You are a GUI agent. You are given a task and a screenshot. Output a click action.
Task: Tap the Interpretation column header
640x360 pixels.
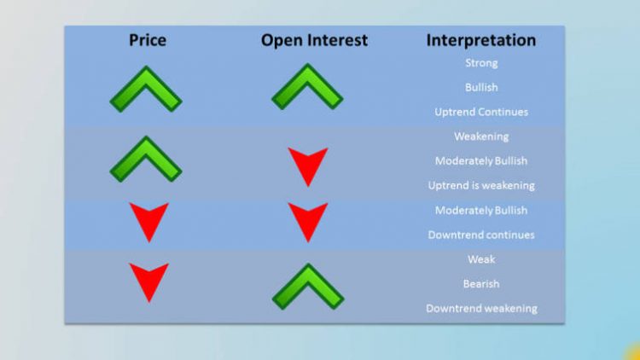(480, 40)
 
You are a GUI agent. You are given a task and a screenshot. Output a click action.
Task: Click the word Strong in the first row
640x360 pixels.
(481, 63)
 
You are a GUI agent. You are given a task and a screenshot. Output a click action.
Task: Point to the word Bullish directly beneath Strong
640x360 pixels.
(481, 87)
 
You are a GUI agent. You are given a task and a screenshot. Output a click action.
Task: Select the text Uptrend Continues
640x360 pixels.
(481, 112)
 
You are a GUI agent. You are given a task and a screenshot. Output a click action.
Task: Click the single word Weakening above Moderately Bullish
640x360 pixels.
(481, 136)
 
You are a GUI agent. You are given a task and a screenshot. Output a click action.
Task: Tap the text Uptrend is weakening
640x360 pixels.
(481, 185)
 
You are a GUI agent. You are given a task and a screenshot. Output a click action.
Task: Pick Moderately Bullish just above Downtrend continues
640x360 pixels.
(481, 210)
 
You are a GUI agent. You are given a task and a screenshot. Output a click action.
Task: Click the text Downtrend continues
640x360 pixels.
(481, 235)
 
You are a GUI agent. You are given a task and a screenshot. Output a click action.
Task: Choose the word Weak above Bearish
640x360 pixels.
(481, 259)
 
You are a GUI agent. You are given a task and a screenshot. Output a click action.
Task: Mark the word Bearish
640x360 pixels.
(481, 283)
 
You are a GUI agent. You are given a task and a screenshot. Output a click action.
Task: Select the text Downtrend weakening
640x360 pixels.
(481, 308)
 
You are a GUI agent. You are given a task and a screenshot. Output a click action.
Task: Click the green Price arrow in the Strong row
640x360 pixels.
(146, 88)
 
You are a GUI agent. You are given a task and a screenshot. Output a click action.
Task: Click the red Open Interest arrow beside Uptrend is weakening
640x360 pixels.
(307, 165)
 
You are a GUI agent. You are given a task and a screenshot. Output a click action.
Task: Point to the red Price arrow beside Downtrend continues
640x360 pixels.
(148, 221)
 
